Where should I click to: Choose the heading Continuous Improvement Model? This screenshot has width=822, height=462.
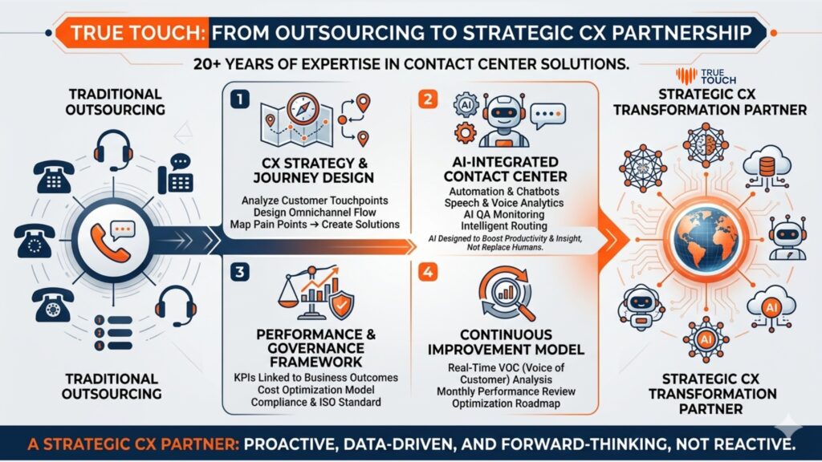pos(506,341)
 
